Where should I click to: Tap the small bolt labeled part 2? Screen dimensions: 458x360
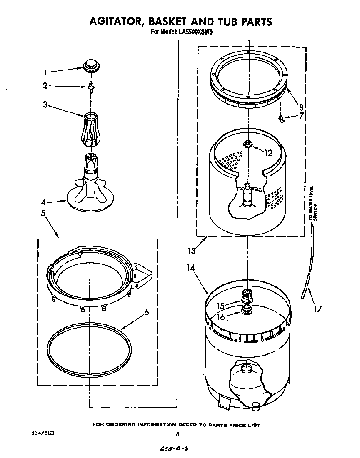tap(90, 86)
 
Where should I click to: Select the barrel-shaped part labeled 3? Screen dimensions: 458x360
tap(90, 129)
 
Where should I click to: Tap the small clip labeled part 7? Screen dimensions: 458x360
tap(282, 119)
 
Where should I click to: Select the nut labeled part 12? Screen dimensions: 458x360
tap(247, 144)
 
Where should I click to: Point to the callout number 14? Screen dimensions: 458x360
tap(191, 269)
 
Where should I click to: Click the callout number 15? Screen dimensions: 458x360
tap(220, 306)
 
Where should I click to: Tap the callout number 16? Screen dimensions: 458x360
tap(221, 317)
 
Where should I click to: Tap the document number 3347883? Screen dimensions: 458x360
tap(43, 433)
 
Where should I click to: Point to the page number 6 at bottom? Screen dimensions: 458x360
tap(177, 434)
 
